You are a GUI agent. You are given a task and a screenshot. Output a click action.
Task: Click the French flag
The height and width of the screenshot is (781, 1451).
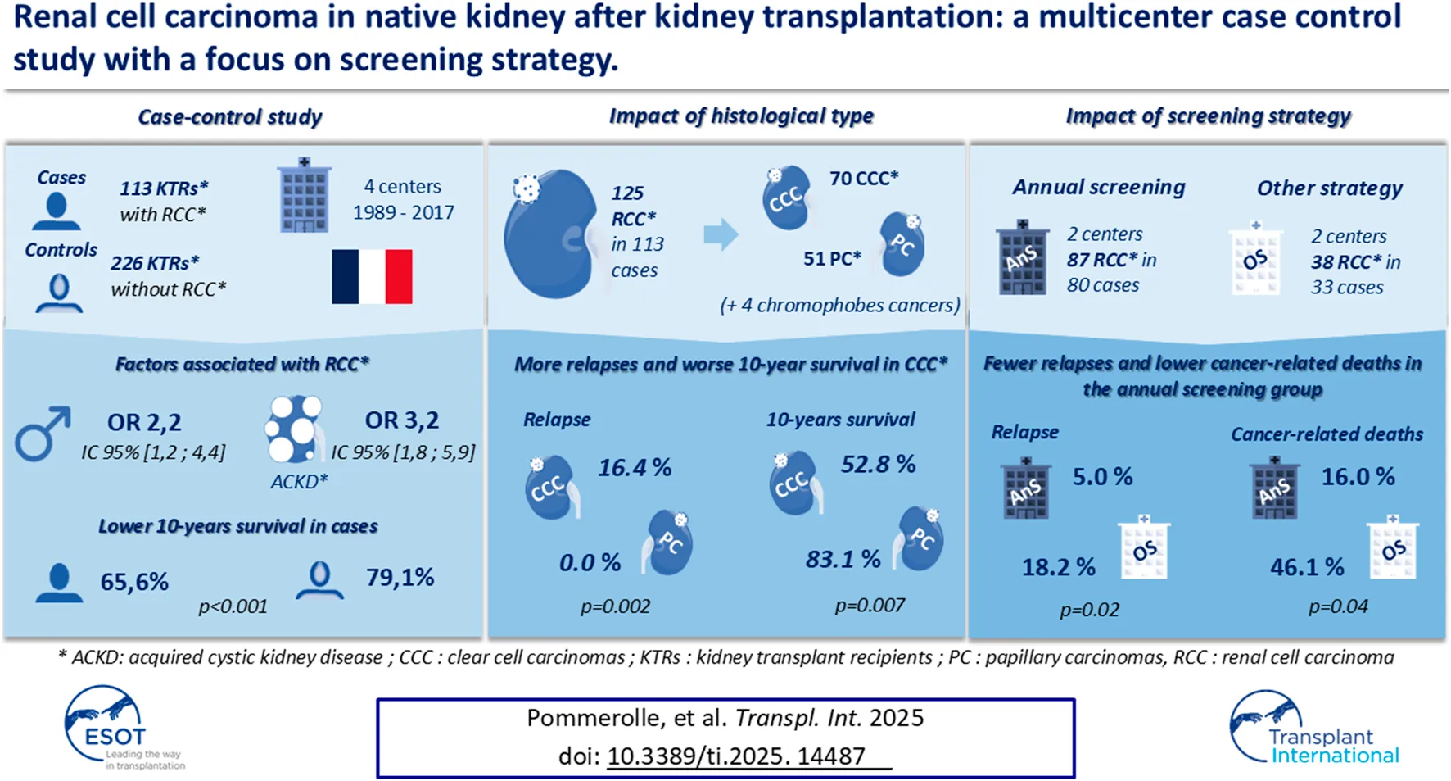click(372, 277)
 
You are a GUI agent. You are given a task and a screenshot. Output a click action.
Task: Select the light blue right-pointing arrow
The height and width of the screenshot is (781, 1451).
click(721, 235)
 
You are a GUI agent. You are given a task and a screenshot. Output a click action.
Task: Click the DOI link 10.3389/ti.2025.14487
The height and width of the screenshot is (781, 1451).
click(735, 756)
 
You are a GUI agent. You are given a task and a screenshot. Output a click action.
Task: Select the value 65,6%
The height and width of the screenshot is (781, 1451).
click(134, 582)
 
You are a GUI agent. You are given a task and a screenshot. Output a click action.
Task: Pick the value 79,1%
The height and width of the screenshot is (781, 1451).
click(400, 578)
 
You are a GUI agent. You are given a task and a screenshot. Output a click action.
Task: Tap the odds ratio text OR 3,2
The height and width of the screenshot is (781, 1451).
click(401, 420)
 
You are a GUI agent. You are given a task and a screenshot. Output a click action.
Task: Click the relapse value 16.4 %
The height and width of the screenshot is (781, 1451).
click(634, 468)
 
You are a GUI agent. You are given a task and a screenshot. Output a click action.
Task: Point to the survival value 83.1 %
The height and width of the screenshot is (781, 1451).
click(843, 559)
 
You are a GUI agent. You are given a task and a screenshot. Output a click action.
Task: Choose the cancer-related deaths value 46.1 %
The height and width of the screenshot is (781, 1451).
click(1307, 566)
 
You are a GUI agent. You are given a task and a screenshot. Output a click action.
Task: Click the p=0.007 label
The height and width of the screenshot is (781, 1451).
click(870, 606)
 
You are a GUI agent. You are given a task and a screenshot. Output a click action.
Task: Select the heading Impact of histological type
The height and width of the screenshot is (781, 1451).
click(741, 116)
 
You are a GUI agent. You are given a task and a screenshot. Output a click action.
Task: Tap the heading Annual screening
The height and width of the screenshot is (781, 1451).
click(1098, 187)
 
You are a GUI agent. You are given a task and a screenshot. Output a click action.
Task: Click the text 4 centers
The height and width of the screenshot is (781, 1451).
click(402, 187)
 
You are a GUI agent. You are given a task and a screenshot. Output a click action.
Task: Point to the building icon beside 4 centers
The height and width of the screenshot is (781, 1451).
click(304, 196)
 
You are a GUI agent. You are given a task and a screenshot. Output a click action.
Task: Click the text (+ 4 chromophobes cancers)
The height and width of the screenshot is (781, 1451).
click(839, 306)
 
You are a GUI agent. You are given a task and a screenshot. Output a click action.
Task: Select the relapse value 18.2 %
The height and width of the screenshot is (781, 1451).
click(1058, 566)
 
